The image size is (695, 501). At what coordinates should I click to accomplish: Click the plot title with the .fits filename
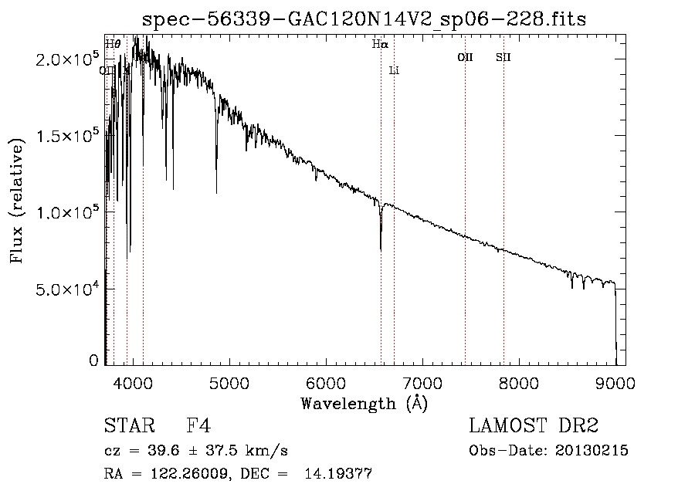(x=370, y=19)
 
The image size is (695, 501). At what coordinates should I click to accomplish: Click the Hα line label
(x=379, y=45)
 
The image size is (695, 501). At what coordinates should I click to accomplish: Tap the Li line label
(x=394, y=71)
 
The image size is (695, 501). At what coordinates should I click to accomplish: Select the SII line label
(x=503, y=57)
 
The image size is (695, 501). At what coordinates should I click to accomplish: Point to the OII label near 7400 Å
(x=465, y=57)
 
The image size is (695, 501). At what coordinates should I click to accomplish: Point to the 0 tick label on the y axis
(x=93, y=361)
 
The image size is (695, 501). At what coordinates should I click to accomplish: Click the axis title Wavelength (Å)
(x=364, y=403)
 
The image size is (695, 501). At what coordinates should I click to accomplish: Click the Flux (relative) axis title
(x=16, y=198)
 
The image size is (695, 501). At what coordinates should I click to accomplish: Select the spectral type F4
(x=198, y=426)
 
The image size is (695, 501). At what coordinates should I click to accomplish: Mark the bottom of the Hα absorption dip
(x=381, y=249)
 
